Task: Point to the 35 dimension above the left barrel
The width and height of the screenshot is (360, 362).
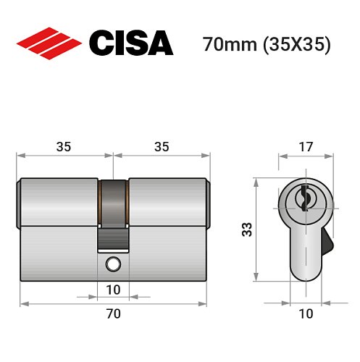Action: (x=64, y=146)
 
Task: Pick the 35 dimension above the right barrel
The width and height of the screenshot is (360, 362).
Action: (x=162, y=146)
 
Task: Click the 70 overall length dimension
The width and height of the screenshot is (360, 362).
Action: (x=113, y=313)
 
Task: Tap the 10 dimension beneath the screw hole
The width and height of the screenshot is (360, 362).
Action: (x=112, y=290)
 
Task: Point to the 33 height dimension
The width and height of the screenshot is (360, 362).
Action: (x=246, y=230)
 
